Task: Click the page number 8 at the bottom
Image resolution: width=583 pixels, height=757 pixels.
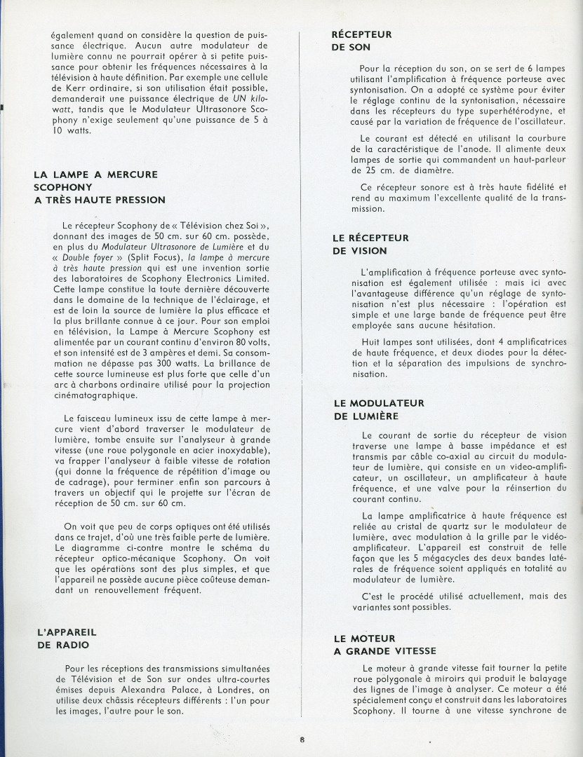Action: coord(302,739)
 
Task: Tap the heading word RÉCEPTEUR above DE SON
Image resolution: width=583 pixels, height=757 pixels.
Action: coord(361,34)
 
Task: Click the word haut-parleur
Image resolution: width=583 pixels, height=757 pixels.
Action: coord(534,159)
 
